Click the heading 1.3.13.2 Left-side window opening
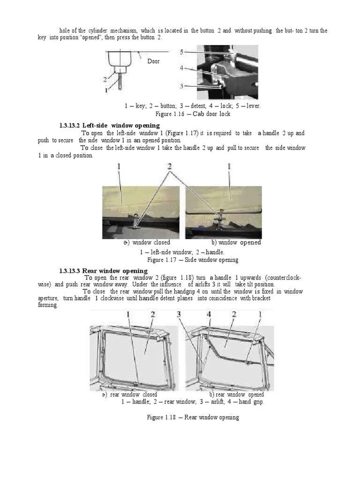click(x=109, y=126)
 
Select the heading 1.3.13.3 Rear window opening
click(x=103, y=271)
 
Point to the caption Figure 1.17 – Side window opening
click(x=193, y=260)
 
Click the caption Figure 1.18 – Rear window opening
click(x=193, y=417)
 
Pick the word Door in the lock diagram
click(x=153, y=61)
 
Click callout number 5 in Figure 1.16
click(x=181, y=52)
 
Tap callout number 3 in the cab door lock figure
click(x=181, y=85)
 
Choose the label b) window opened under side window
click(x=236, y=243)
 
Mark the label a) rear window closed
click(x=130, y=395)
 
